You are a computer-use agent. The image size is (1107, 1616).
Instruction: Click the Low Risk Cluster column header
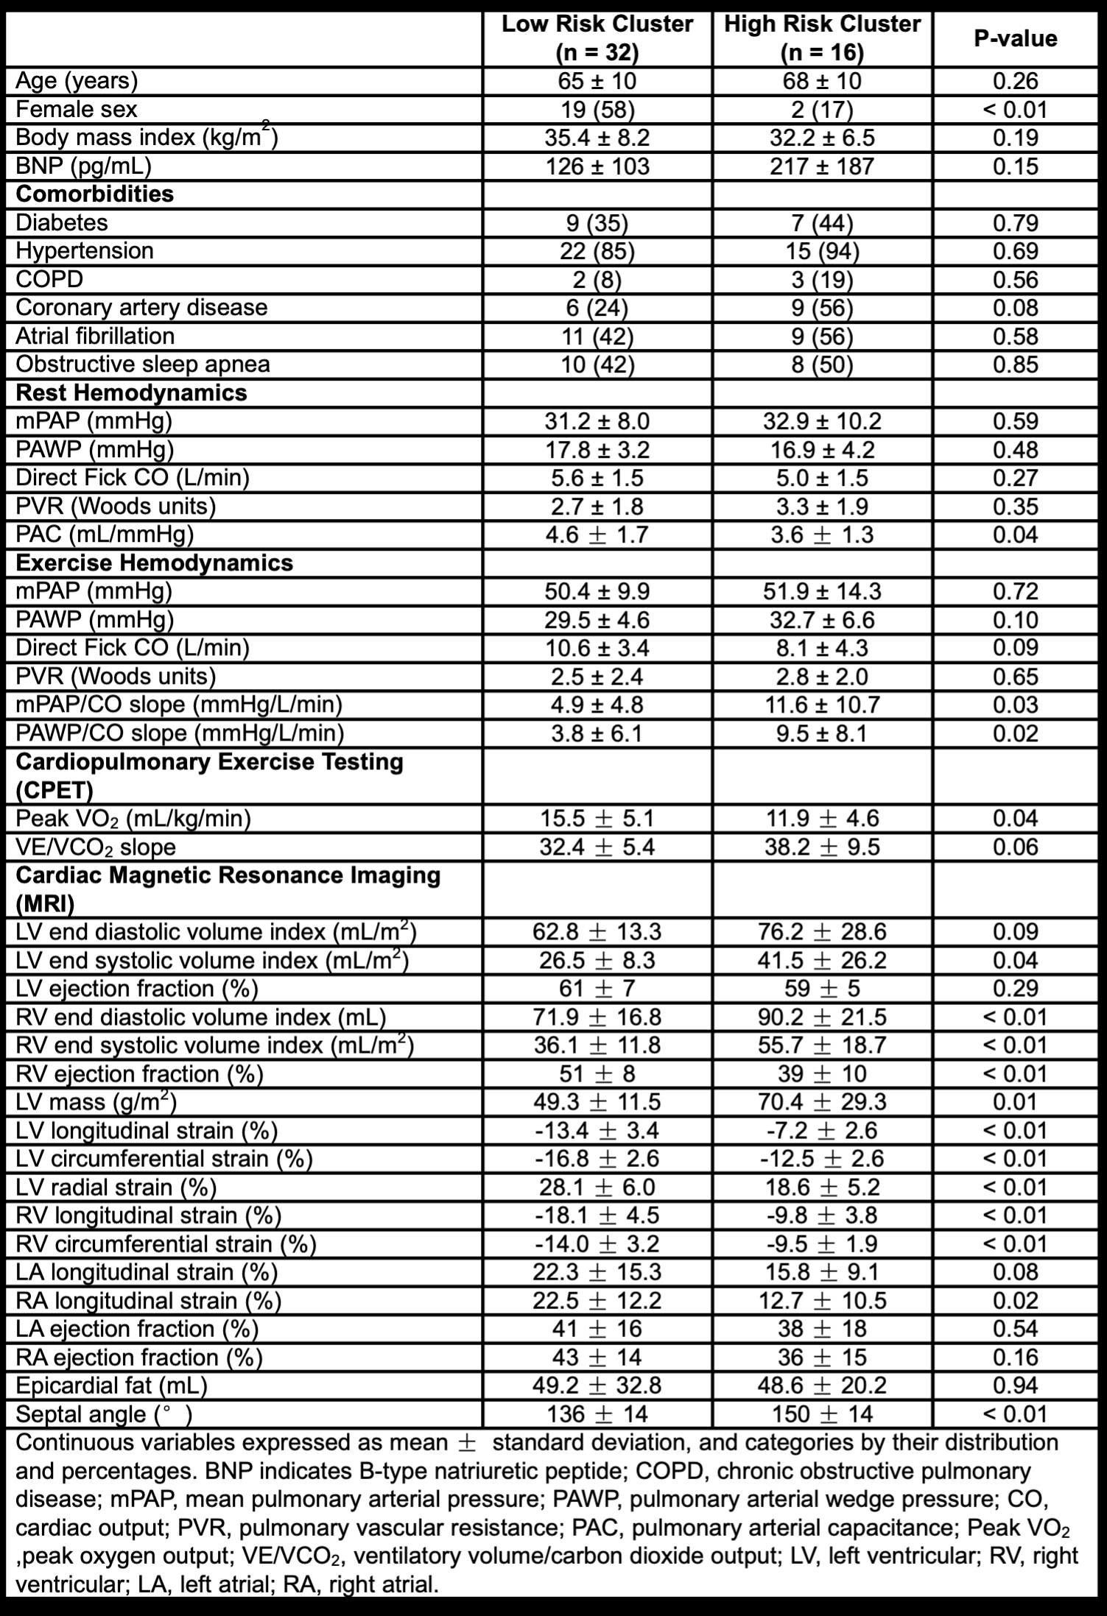[x=597, y=38]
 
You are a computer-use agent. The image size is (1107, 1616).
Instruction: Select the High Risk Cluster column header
[x=822, y=38]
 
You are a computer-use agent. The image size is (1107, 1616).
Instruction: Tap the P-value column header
[x=1015, y=38]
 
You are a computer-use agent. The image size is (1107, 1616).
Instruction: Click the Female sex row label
[x=77, y=110]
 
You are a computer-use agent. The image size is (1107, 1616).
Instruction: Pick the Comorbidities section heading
[x=95, y=194]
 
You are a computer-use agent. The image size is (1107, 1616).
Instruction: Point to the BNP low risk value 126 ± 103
[x=597, y=166]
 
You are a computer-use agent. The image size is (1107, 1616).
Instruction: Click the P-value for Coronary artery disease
[x=1015, y=308]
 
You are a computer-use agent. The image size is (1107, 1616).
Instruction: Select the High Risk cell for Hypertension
[x=822, y=251]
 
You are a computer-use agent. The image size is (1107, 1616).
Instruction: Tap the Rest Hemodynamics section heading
[x=131, y=392]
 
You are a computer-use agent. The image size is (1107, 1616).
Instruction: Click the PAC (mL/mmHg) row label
[x=105, y=534]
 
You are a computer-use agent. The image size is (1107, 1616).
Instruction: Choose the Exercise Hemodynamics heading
[x=154, y=562]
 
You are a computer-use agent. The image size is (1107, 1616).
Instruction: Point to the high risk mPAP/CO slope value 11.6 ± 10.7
[x=822, y=705]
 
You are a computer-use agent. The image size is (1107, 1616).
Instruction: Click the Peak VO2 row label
[x=133, y=818]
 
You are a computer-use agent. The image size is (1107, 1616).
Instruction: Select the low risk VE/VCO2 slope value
[x=597, y=847]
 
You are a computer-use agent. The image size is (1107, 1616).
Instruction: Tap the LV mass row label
[x=96, y=1102]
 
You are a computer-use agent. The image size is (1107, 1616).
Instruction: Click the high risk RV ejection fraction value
[x=822, y=1073]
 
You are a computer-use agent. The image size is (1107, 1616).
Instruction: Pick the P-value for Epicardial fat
[x=1015, y=1386]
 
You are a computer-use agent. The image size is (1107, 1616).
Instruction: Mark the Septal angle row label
[x=104, y=1414]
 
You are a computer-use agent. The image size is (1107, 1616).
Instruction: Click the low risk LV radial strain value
[x=597, y=1187]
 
